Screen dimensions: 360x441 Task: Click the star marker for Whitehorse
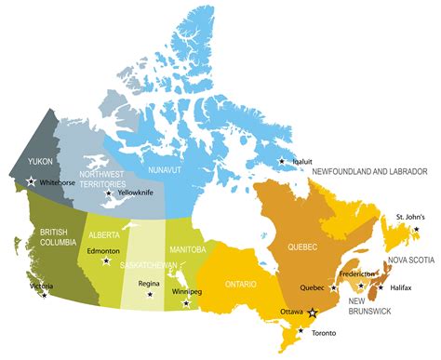point(32,182)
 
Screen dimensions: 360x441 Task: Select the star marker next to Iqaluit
point(283,161)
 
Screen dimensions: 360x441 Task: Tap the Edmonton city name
point(102,251)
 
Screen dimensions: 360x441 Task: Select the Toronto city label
point(326,333)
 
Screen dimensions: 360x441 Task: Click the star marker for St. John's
point(417,229)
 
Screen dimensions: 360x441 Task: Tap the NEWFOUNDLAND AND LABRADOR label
point(369,172)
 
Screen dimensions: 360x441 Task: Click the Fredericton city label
point(358,274)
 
